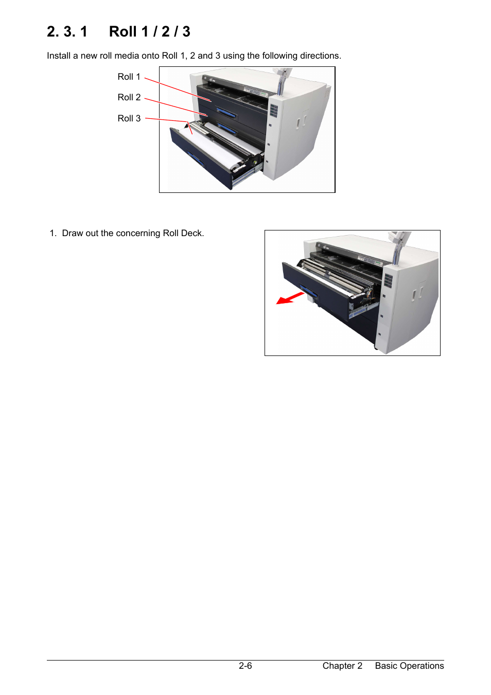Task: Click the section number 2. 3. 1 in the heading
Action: point(67,32)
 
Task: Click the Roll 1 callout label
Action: point(129,77)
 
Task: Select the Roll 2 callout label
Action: point(129,97)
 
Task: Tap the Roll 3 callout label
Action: point(129,118)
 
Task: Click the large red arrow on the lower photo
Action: point(290,298)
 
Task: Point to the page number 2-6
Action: point(245,666)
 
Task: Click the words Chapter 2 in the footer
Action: point(342,666)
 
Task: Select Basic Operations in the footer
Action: point(409,666)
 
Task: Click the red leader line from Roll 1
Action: point(178,90)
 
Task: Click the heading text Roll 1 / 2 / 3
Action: point(150,32)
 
